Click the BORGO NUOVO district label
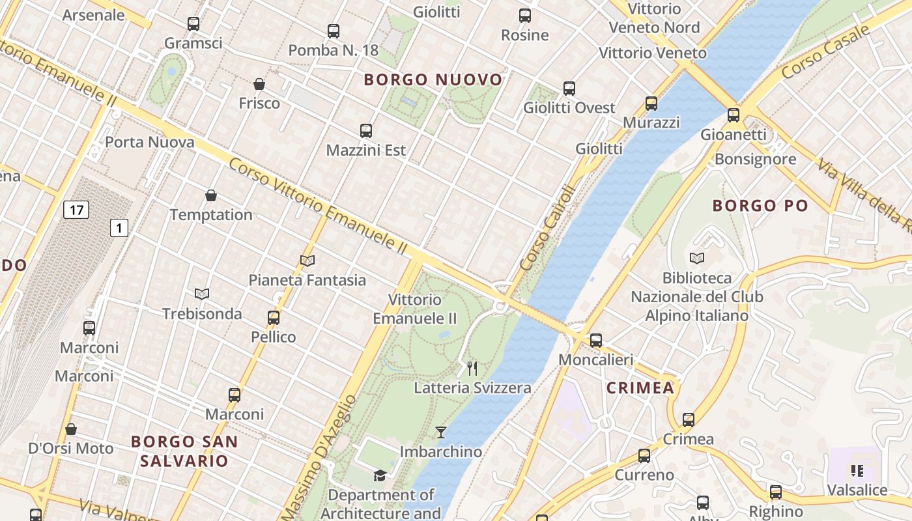point(433,80)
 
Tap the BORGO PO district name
point(760,206)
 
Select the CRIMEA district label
point(640,388)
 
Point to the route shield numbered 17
point(76,210)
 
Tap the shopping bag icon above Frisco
point(259,84)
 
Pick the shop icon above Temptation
point(211,195)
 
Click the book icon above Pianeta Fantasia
point(307,260)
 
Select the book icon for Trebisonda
point(202,294)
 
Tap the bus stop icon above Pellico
point(274,318)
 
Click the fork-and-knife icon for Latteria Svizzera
point(472,369)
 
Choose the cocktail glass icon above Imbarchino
point(441,432)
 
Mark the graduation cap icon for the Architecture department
point(380,475)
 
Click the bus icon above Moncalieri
point(595,340)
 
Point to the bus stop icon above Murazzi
point(651,103)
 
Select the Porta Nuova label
point(149,142)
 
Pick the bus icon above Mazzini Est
point(366,130)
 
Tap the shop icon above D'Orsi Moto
point(71,429)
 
